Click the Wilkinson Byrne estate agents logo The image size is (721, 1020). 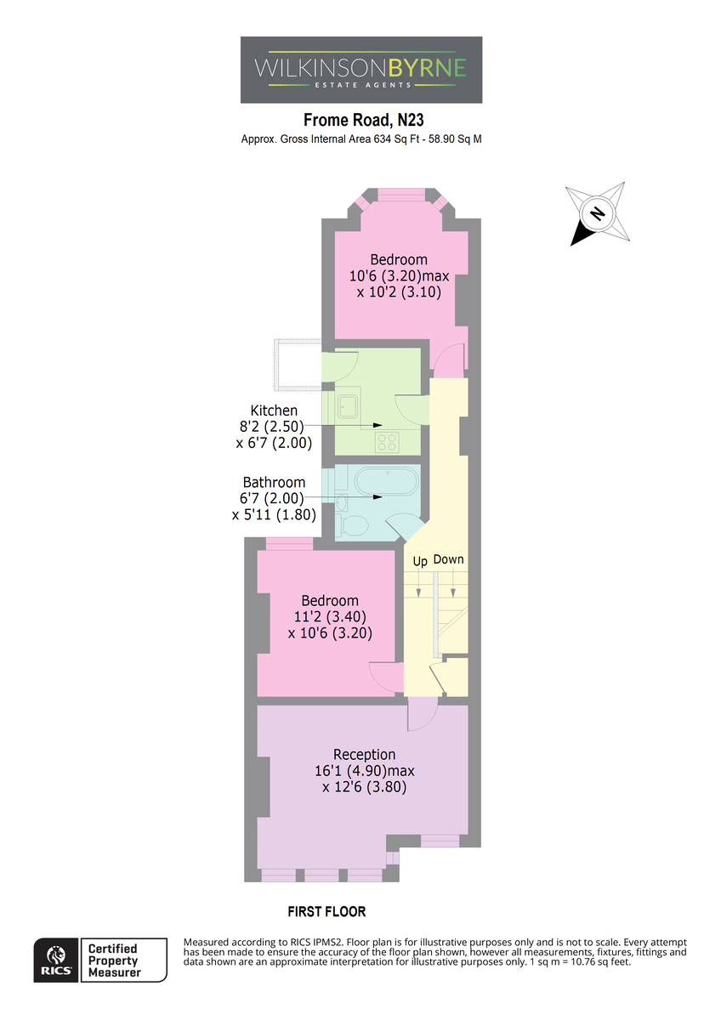pos(360,70)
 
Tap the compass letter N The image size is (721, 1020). pos(596,213)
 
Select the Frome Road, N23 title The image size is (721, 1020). pos(363,120)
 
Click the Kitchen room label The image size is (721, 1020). pos(274,411)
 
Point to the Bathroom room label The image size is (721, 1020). pos(274,482)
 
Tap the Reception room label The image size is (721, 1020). pos(364,755)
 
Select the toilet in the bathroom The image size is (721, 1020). pos(352,525)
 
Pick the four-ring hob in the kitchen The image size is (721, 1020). pos(387,442)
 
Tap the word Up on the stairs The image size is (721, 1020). pos(420,562)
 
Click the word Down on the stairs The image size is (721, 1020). pos(448,559)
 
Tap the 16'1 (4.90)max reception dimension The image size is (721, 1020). pos(365,771)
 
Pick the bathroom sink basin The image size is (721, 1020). pos(342,502)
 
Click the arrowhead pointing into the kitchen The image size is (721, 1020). pos(378,425)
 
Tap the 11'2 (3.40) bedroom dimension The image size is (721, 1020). pos(330,616)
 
